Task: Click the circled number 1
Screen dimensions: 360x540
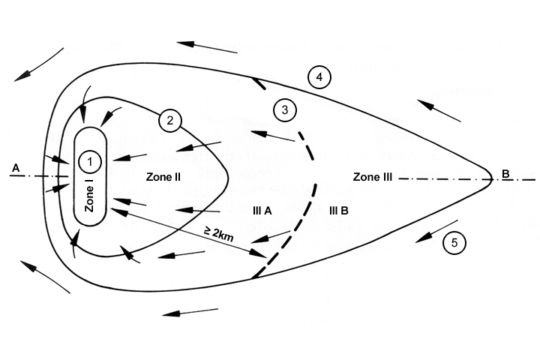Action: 90,161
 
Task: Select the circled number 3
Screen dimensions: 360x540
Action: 283,109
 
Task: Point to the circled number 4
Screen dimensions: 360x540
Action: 319,77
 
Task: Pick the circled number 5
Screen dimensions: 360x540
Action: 454,242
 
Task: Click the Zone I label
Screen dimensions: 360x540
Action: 90,197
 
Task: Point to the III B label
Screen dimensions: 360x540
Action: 340,211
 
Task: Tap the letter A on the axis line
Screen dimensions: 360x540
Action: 15,169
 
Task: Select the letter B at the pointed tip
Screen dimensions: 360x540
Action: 505,174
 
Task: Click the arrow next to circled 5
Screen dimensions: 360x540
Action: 436,231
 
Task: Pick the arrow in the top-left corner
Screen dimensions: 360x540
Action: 38,63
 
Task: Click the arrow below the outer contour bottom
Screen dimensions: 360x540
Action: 190,310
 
